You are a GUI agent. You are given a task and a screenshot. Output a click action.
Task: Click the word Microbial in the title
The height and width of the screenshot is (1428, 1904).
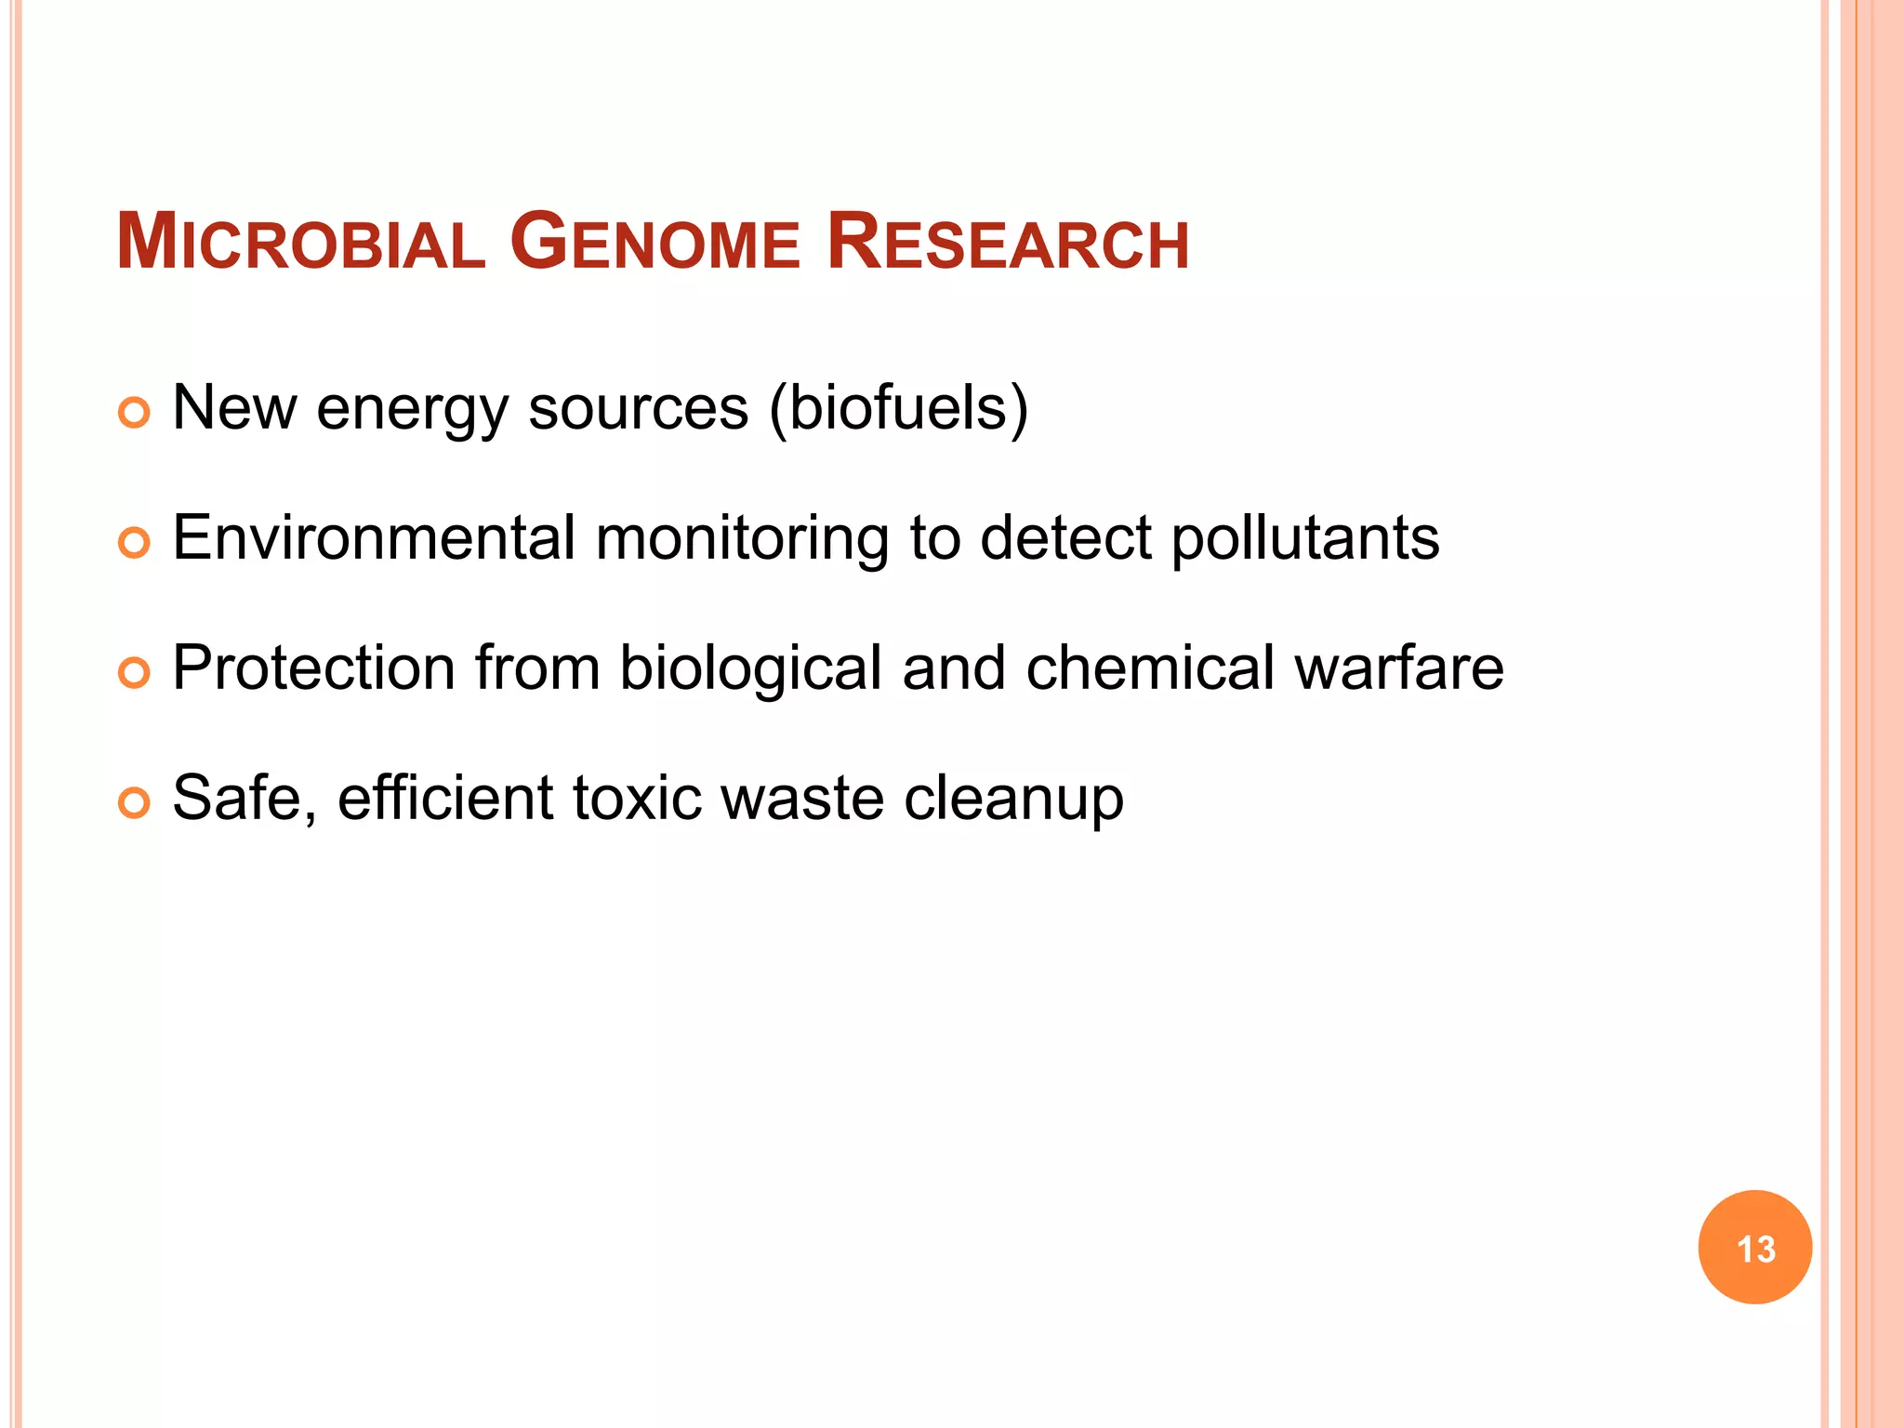click(x=300, y=244)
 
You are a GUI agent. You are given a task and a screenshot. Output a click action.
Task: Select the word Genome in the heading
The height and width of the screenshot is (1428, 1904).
click(x=654, y=244)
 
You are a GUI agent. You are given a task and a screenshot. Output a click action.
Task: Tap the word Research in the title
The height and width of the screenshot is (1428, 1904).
click(x=1008, y=244)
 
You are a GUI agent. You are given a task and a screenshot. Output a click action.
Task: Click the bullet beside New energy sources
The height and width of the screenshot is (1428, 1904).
click(x=135, y=413)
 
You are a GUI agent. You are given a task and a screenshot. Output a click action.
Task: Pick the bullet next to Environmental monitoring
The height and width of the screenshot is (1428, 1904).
click(x=135, y=543)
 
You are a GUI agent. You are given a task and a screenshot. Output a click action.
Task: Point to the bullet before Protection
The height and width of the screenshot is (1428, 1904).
click(x=135, y=673)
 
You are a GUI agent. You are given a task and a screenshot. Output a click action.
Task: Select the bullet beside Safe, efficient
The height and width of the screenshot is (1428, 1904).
click(x=135, y=803)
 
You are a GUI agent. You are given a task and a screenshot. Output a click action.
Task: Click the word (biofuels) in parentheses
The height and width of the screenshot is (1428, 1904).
click(x=898, y=409)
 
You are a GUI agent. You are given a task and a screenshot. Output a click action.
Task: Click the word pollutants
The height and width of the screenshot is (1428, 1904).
click(x=1304, y=539)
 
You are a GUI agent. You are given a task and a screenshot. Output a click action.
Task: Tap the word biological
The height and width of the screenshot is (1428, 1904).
click(x=750, y=669)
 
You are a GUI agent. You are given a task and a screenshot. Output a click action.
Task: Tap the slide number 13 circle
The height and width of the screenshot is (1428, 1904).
click(x=1754, y=1248)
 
